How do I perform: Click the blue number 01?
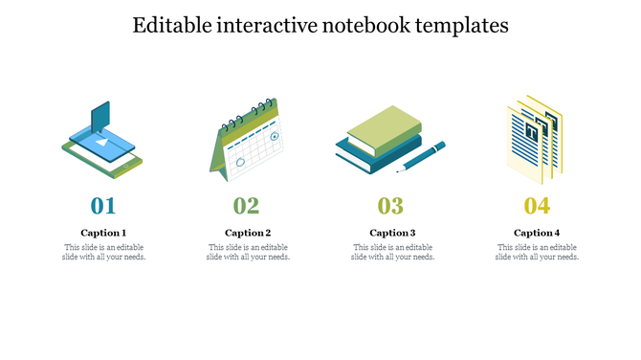coord(103,205)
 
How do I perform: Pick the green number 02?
coord(247,205)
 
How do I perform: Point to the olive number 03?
coord(390,205)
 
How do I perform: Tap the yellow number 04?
coord(537,205)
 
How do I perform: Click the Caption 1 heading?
coord(103,233)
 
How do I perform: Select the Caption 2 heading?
coord(248,233)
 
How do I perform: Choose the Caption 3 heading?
coord(392,233)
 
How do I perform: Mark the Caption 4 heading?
coord(537,233)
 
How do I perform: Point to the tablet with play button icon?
coord(102,148)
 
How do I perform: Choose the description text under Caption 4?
coord(537,252)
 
